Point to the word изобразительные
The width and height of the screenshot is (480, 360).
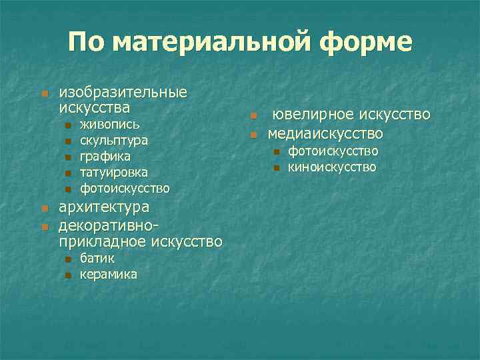(123, 92)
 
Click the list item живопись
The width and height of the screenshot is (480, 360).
(109, 125)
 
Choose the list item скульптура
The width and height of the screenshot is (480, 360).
(114, 141)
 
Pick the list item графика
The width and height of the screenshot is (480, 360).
(105, 157)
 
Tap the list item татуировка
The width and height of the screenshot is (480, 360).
(113, 173)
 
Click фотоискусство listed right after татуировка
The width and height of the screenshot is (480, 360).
(125, 189)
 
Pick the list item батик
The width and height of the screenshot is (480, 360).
(97, 258)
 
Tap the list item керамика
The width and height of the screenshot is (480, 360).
(109, 274)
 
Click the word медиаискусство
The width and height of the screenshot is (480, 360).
(325, 133)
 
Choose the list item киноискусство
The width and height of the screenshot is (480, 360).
(332, 167)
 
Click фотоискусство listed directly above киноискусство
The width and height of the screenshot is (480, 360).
(333, 151)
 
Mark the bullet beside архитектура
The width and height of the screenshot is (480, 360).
(44, 208)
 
